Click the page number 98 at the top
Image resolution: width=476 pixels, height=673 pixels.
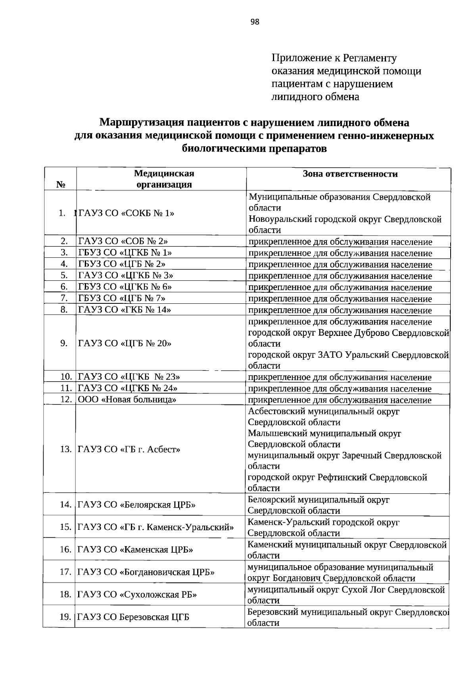coord(255,22)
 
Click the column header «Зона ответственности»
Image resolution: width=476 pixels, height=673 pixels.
coord(350,174)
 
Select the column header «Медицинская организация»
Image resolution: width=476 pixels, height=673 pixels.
coord(164,179)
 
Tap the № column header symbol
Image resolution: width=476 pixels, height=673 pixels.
coord(61,185)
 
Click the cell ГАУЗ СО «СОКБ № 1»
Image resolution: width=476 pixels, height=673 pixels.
coord(127,213)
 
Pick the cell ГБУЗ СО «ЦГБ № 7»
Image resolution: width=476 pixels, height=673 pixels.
coord(122,298)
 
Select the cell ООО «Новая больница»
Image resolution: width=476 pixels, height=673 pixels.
coord(127,399)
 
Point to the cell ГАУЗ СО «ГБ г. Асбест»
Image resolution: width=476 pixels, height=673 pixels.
coord(129,449)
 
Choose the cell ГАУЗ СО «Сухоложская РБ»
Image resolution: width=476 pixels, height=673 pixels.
coord(137,594)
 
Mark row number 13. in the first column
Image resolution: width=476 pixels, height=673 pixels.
coord(65,449)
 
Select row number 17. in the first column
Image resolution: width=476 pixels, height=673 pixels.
coord(65,572)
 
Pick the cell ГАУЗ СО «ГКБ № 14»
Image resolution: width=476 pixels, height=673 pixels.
coord(125,310)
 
